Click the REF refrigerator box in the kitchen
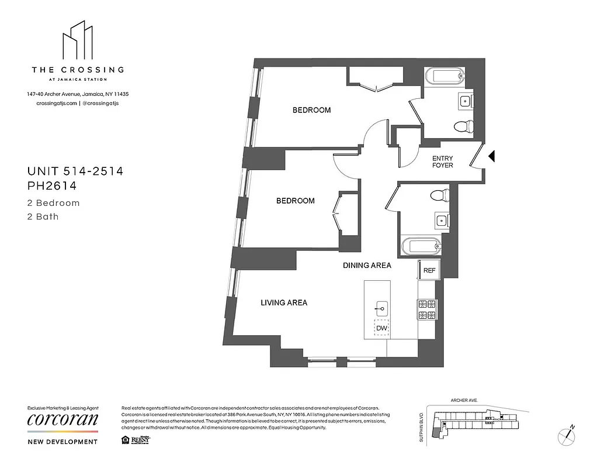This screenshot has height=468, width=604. [429, 270]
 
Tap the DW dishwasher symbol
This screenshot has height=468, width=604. [381, 328]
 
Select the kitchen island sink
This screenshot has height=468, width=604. [381, 307]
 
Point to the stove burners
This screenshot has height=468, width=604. [427, 309]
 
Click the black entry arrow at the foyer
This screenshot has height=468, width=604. [491, 156]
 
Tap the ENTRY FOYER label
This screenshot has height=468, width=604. [442, 162]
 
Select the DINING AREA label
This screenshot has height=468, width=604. [366, 265]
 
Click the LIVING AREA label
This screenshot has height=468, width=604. [284, 302]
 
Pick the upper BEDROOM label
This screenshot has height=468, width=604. [311, 110]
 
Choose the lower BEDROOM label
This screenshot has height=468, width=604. [295, 201]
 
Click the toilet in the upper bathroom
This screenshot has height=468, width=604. [464, 126]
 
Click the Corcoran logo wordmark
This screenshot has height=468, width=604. [63, 419]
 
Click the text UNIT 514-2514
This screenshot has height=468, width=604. [75, 171]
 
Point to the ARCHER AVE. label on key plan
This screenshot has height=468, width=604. [464, 400]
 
